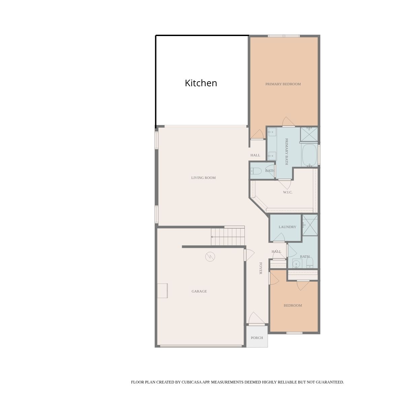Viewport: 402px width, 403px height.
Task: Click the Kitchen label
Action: [x=201, y=83]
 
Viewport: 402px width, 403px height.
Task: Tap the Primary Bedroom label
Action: [x=283, y=84]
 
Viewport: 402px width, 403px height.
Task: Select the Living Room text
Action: [x=203, y=178]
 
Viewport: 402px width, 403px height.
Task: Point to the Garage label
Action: [x=199, y=291]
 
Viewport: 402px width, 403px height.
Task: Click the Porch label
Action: [x=257, y=338]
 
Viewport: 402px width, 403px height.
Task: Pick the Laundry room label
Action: [x=287, y=227]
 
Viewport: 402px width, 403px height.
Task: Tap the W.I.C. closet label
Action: [x=288, y=192]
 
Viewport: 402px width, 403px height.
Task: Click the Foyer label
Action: [x=261, y=268]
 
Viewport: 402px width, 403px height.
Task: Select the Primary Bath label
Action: [x=287, y=151]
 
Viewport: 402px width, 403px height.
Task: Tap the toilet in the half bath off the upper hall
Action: [x=256, y=171]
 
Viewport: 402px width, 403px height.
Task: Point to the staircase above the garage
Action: [x=228, y=237]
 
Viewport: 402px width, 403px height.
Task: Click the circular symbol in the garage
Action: [x=210, y=257]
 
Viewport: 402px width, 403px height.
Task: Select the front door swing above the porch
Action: [x=256, y=318]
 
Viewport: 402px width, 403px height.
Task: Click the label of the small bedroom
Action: [x=293, y=306]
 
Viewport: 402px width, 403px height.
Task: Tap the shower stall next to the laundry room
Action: [x=310, y=225]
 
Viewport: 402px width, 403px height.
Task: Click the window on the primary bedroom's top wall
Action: [x=284, y=36]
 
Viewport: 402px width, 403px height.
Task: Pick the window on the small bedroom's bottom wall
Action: [x=294, y=333]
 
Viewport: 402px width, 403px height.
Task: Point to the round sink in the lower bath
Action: [x=296, y=263]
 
